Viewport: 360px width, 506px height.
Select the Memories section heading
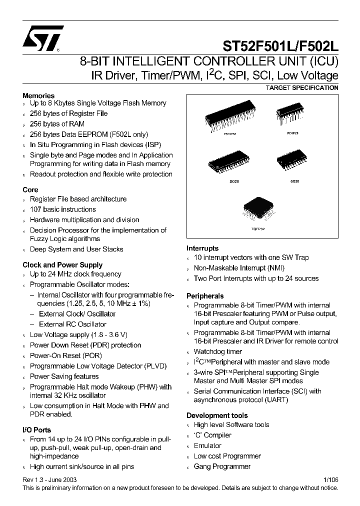pos(38,95)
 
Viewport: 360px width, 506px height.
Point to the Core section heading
pos(30,189)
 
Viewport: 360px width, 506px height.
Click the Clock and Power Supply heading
pos(62,265)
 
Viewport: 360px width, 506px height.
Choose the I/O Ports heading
pos(36,429)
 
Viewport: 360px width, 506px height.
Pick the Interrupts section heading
pos(202,248)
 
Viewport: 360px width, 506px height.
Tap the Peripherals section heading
pos(205,296)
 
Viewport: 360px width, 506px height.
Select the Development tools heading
pos(217,415)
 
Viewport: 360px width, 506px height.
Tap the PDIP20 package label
pos(293,133)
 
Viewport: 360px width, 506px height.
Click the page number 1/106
pos(331,479)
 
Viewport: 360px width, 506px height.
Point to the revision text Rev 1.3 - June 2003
pos(50,479)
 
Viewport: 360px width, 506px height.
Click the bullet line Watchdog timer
pos(217,351)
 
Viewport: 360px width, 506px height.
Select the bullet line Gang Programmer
pos(222,466)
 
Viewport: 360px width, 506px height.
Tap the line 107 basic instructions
pos(62,209)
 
